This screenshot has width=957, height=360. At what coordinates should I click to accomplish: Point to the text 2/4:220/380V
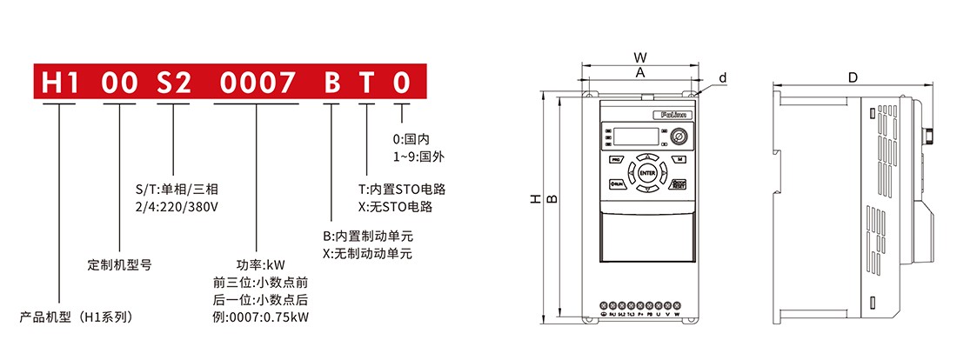pyautogui.click(x=176, y=207)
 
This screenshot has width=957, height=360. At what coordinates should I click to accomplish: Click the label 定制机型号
pyautogui.click(x=120, y=264)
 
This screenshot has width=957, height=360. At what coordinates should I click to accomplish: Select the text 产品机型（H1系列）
pyautogui.click(x=77, y=317)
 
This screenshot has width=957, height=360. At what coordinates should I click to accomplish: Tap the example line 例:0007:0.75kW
pyautogui.click(x=260, y=316)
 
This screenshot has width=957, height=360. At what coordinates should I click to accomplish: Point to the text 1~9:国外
pyautogui.click(x=419, y=157)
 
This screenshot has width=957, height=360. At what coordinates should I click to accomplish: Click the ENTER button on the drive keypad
pyautogui.click(x=647, y=173)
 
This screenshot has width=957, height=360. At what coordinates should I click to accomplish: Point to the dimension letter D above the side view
pyautogui.click(x=853, y=77)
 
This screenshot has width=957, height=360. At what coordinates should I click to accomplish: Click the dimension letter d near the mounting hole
pyautogui.click(x=722, y=78)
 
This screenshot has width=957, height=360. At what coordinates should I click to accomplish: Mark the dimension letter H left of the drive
pyautogui.click(x=536, y=201)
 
